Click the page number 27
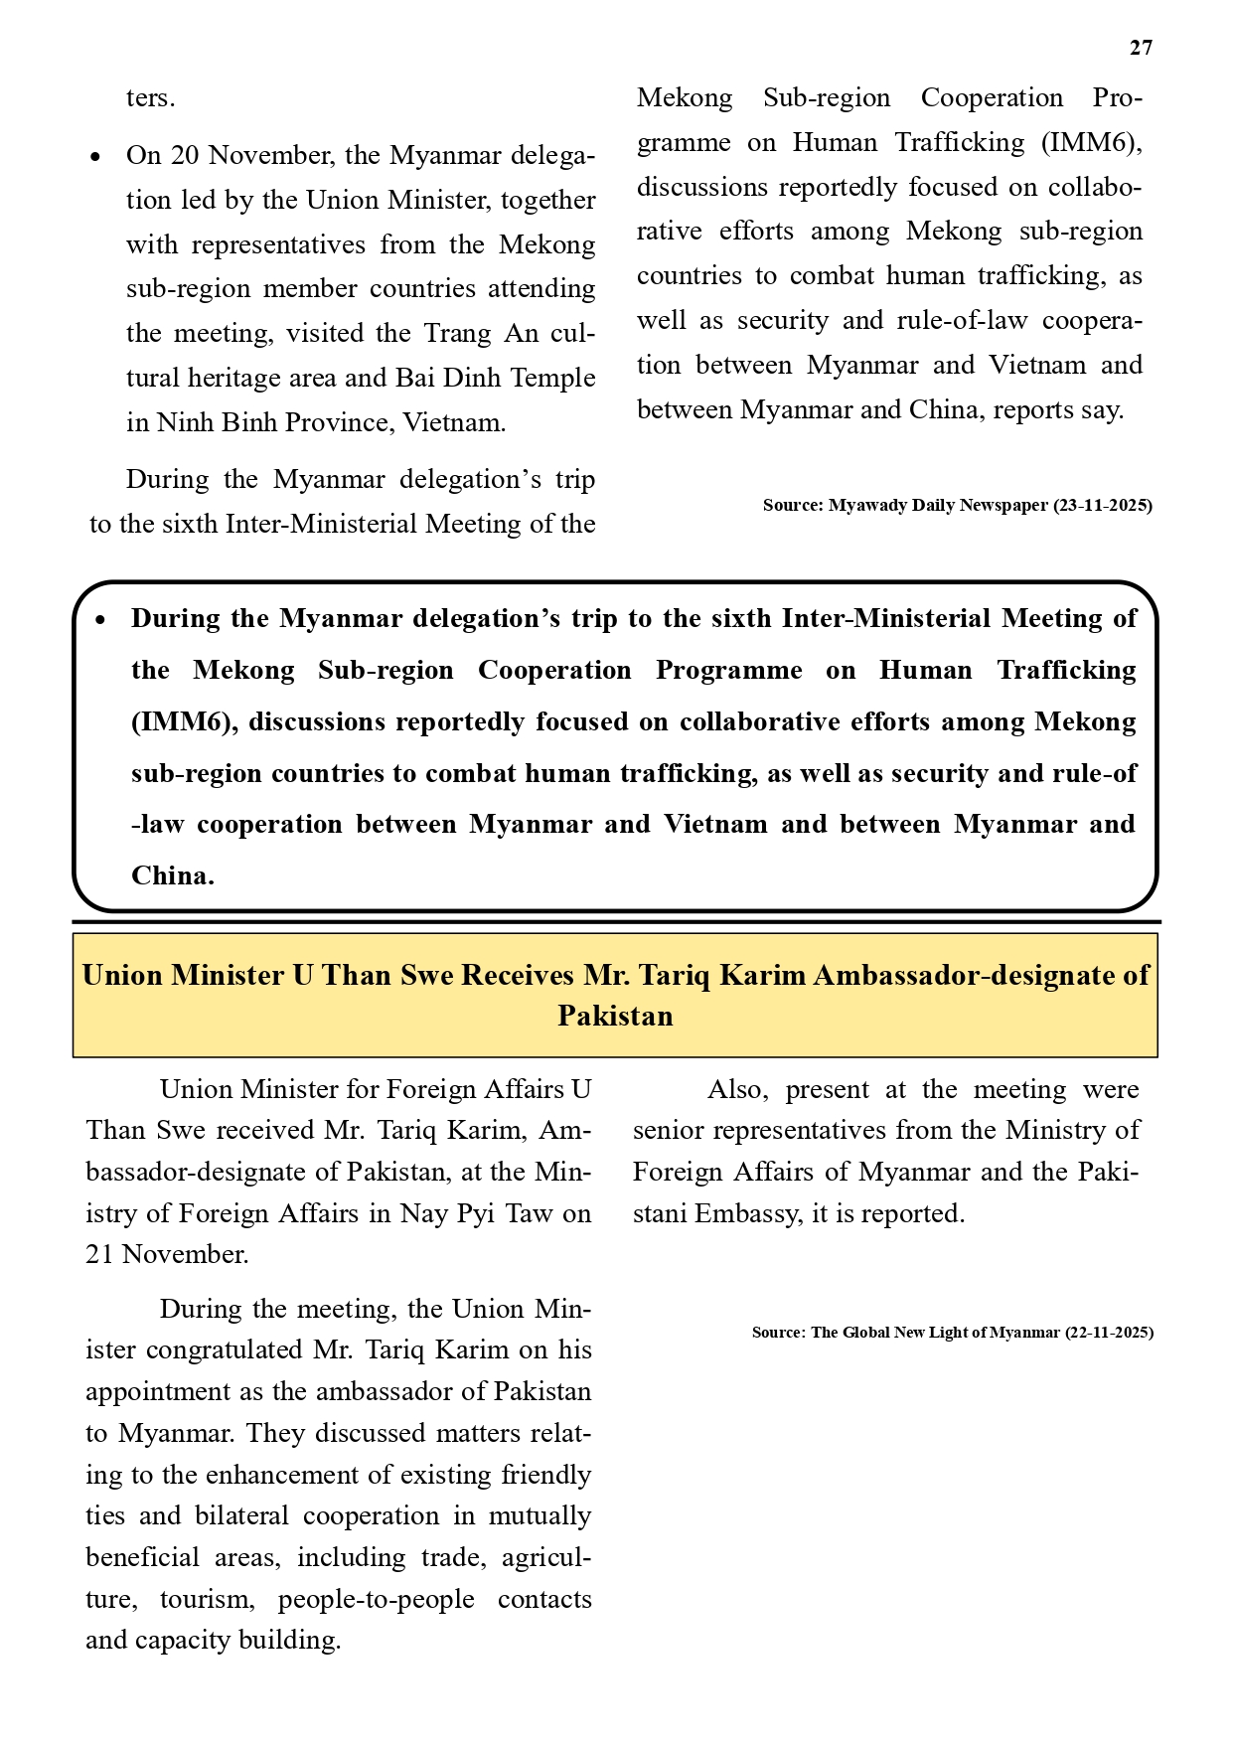pos(1141,48)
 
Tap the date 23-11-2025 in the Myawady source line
pos(1103,505)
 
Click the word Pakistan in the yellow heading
pos(615,1016)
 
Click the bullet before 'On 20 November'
pos(95,157)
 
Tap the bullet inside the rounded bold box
pos(99,620)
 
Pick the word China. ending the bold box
pos(173,875)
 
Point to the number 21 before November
pos(99,1254)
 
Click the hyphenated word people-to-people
pos(376,1599)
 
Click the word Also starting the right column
pos(737,1089)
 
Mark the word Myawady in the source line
pos(867,505)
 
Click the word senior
pos(669,1131)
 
